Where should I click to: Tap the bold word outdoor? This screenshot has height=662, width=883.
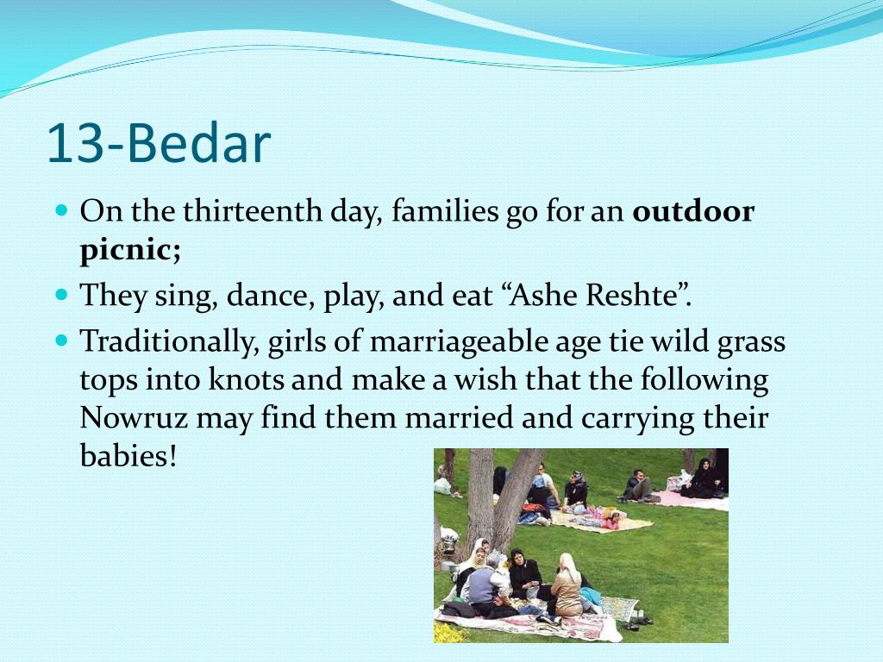coord(693,212)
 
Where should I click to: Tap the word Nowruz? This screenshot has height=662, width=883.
coord(135,417)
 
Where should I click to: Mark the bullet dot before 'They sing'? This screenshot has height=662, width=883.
coord(61,294)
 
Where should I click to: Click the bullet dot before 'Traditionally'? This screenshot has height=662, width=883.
coord(61,340)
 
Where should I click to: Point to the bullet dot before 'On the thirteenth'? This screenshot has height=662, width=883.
coord(61,210)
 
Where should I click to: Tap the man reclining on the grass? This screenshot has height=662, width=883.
coord(640,487)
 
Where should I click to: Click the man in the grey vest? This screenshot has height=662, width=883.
coord(480,584)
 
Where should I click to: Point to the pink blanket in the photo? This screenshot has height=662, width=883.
coord(690,500)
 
